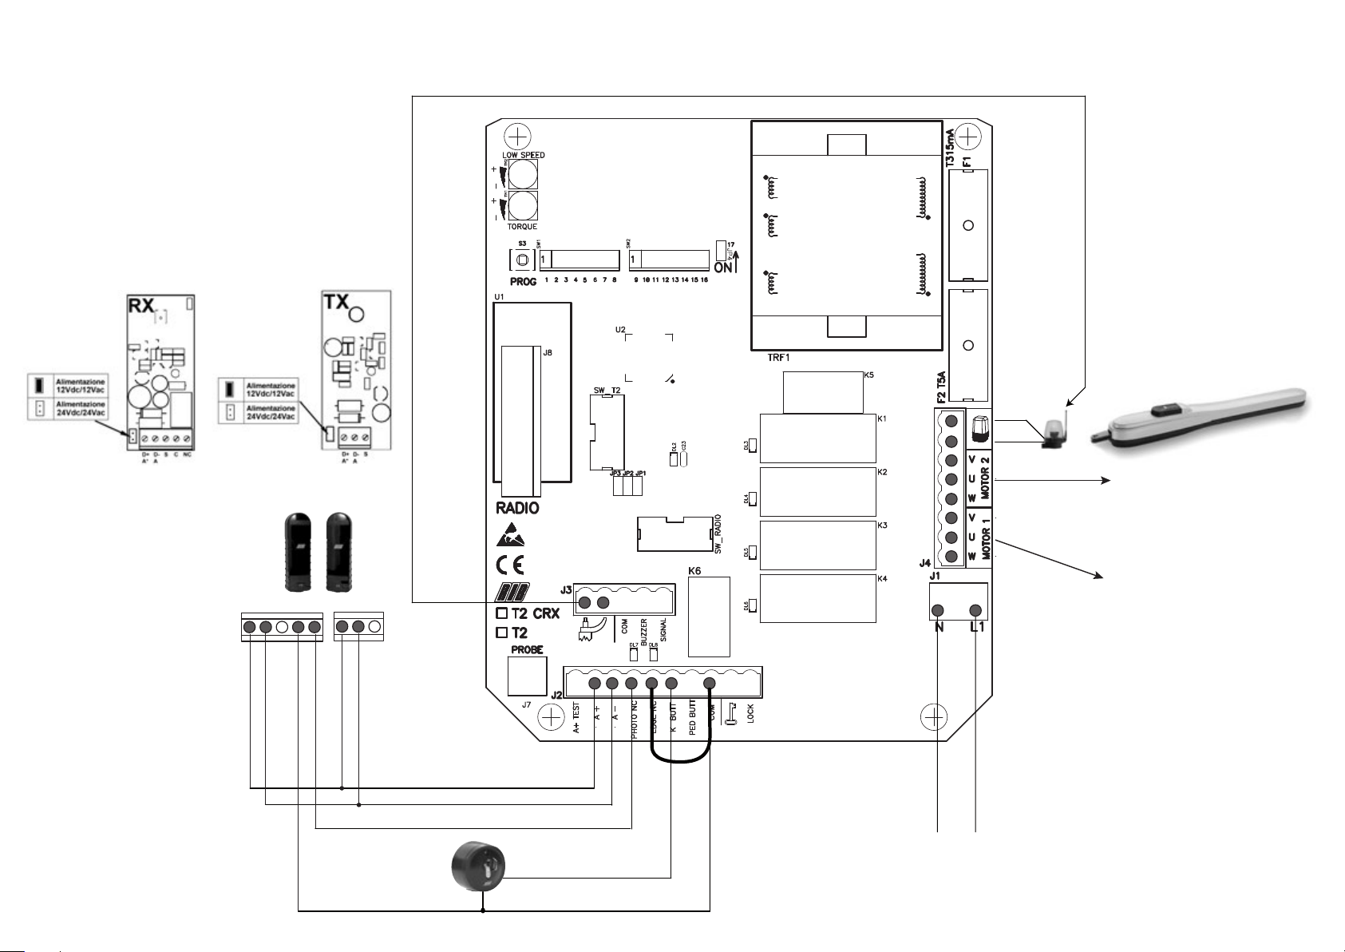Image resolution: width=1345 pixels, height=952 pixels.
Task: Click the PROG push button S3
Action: [523, 260]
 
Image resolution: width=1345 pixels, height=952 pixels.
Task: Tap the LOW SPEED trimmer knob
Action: [522, 174]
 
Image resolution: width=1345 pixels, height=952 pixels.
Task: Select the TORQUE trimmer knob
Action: [522, 206]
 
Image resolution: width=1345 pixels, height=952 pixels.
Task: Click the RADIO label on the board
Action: [517, 508]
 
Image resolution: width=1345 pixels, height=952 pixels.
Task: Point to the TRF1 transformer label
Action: [778, 358]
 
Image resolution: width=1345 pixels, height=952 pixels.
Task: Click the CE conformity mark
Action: [511, 565]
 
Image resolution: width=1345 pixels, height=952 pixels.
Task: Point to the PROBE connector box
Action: [527, 675]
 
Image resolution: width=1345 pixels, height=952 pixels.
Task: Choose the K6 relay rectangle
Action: [709, 617]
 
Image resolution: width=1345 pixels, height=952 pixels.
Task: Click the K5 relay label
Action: [869, 374]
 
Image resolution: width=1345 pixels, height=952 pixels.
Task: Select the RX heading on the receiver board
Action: [141, 307]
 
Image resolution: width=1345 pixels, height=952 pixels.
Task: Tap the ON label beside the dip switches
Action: [722, 268]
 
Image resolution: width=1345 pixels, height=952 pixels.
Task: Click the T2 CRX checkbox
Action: [502, 613]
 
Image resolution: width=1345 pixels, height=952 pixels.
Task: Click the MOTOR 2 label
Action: [985, 478]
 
